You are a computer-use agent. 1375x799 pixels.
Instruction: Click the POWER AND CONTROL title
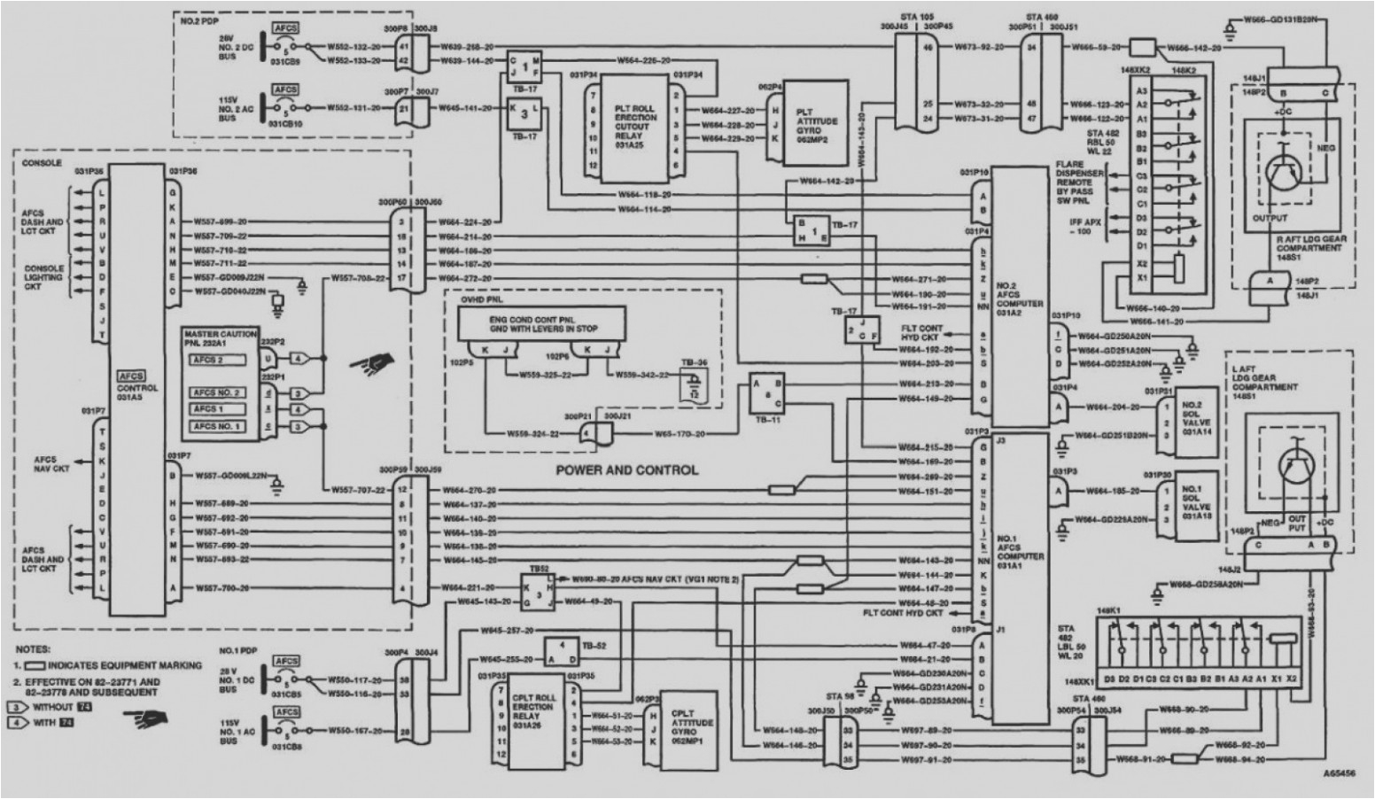(x=626, y=469)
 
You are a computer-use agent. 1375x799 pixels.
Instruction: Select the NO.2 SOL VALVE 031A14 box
(x=1196, y=416)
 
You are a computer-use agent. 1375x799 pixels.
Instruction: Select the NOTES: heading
(x=32, y=649)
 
